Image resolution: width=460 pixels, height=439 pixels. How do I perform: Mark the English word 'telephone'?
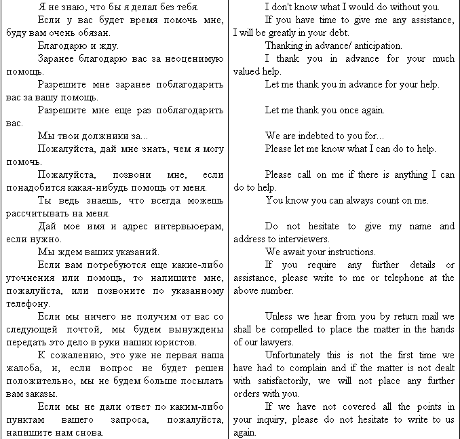click(x=423, y=278)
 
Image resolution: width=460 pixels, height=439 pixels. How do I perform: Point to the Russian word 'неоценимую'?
click(x=189, y=58)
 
